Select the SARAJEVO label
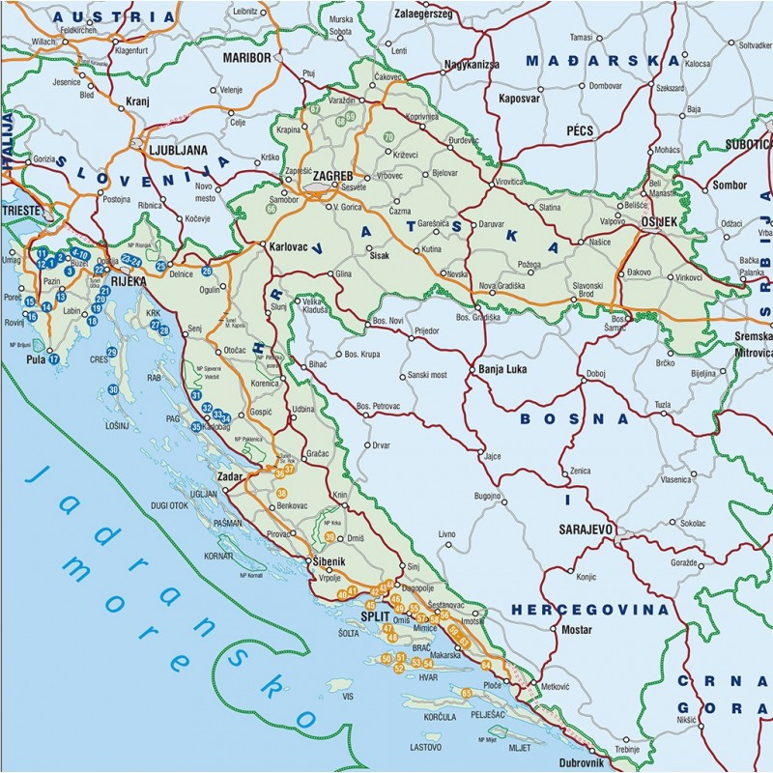pyautogui.click(x=587, y=530)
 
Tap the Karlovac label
pyautogui.click(x=288, y=246)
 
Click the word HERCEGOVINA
pyautogui.click(x=589, y=611)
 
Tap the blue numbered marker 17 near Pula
pyautogui.click(x=54, y=359)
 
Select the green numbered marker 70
pyautogui.click(x=388, y=137)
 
